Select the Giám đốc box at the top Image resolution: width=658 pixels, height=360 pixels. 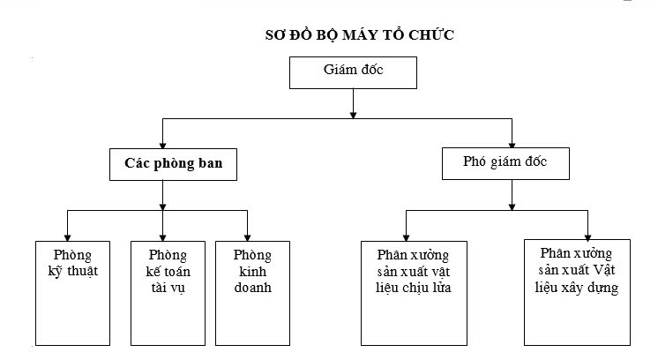click(x=352, y=72)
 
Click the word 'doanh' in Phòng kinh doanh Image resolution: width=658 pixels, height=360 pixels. click(x=252, y=288)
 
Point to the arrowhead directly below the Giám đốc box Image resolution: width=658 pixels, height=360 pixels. click(x=353, y=111)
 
